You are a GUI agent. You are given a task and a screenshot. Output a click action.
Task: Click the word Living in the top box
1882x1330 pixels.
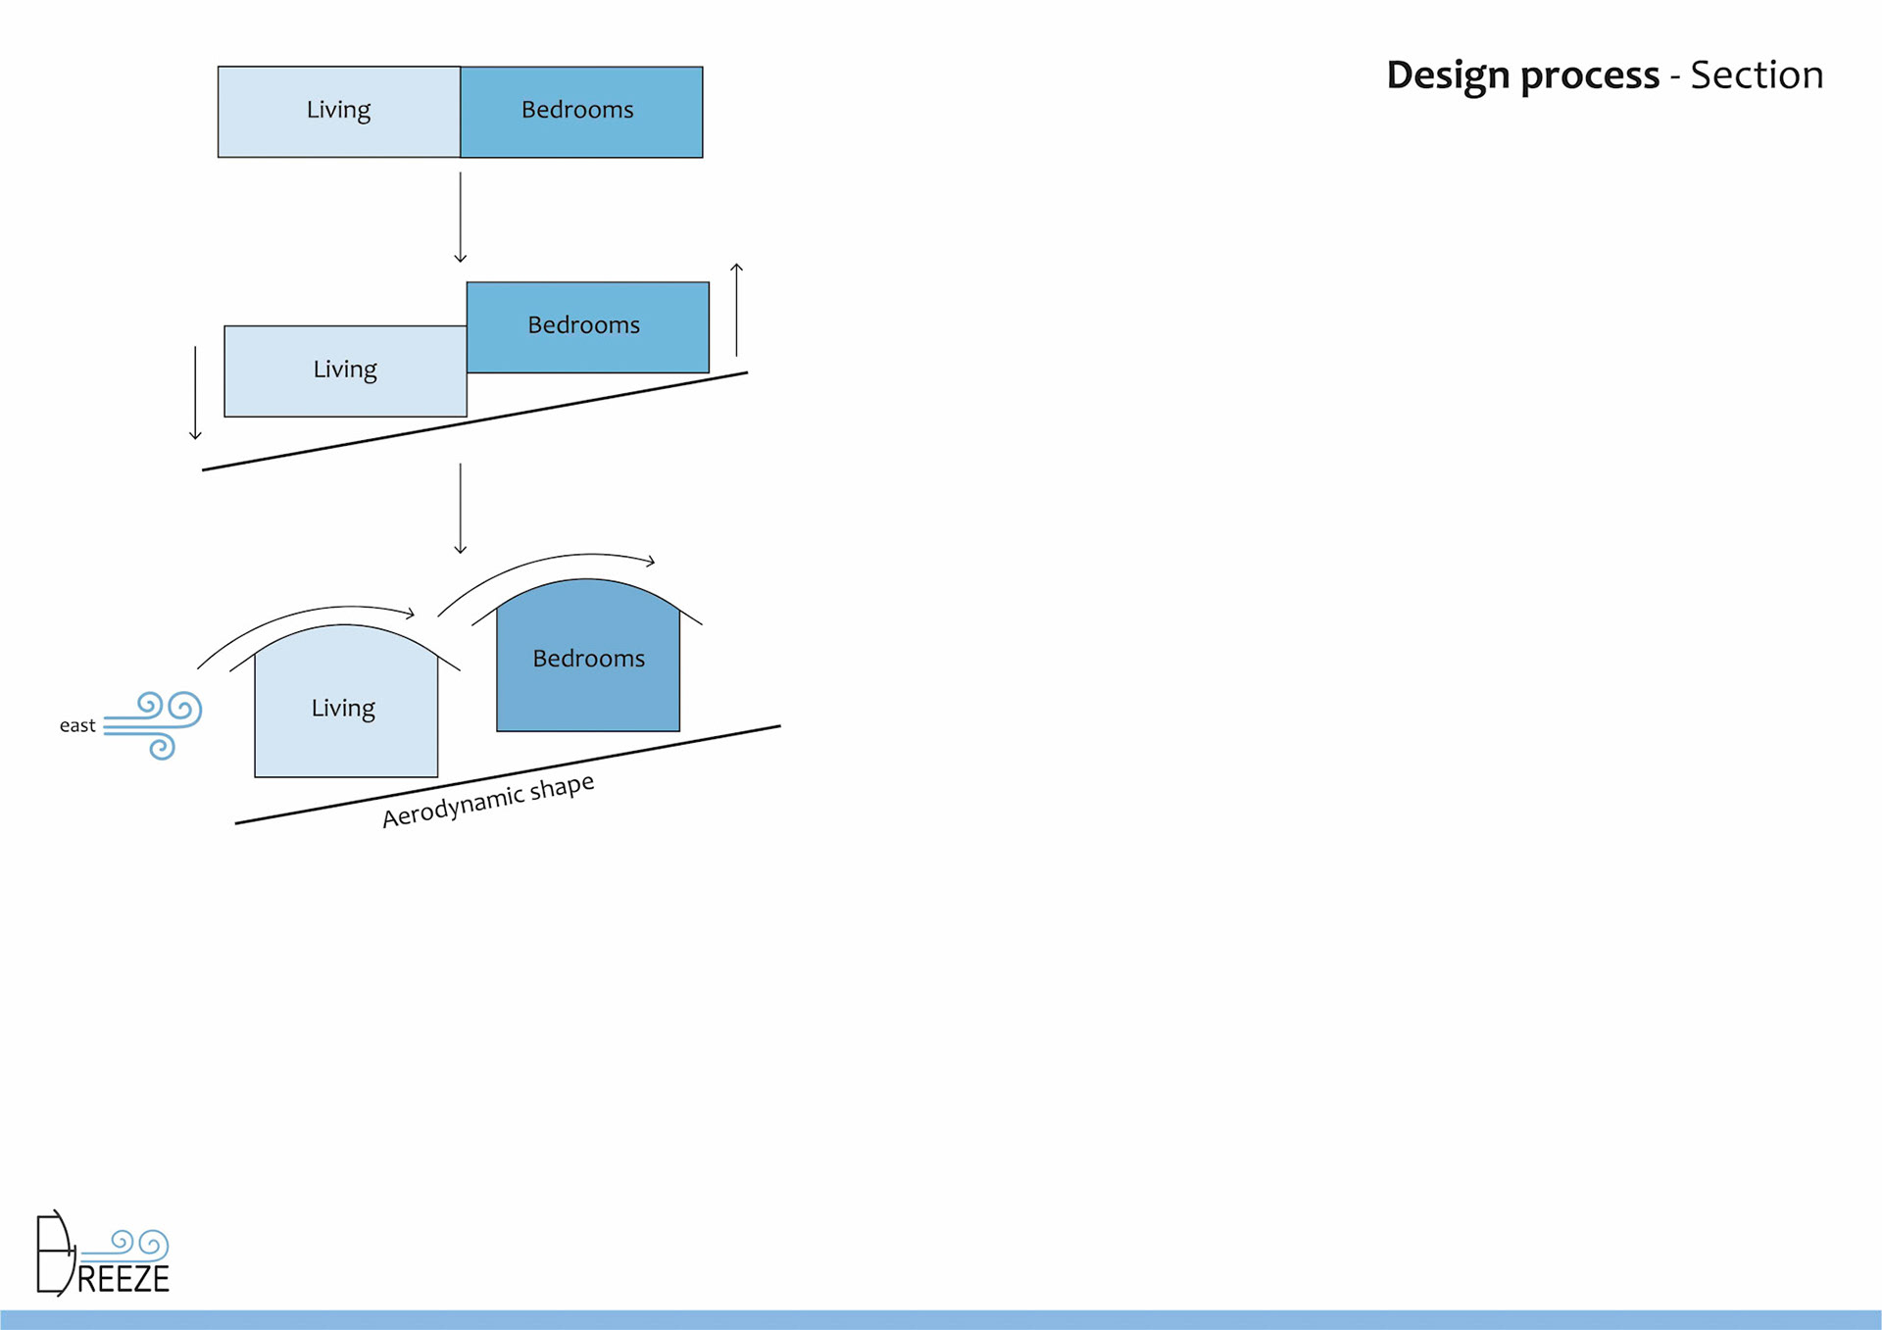coord(338,110)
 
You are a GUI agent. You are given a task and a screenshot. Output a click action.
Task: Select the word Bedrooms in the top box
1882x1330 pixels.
coord(577,110)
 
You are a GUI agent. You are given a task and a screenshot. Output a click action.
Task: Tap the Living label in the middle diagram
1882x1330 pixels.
coord(345,369)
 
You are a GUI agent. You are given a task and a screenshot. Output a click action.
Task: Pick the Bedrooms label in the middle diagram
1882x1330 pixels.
coord(583,325)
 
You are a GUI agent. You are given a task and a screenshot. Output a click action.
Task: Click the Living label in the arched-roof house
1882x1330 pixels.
coord(343,709)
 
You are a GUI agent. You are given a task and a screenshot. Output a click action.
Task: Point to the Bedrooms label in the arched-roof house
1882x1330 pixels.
coord(588,659)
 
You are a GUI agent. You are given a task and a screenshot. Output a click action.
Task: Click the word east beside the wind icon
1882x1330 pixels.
coord(77,726)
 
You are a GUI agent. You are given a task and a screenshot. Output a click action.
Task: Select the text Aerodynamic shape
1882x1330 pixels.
coord(488,801)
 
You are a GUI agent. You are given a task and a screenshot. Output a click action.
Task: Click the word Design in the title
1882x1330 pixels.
coord(1447,75)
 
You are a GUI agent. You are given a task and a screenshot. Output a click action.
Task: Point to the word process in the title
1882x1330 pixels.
coord(1590,75)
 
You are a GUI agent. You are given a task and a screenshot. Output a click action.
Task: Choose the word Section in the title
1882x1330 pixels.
coord(1757,75)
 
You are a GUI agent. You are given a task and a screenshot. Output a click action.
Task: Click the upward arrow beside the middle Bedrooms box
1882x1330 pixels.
coord(736,310)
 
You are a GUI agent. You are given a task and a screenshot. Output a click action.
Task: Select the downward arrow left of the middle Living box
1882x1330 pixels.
coord(195,392)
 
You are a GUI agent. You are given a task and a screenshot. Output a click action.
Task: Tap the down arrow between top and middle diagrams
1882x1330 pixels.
coord(460,218)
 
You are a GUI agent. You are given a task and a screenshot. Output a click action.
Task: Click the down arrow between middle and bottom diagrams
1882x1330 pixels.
coord(460,509)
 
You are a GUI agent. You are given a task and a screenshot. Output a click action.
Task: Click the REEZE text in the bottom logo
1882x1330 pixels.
coord(124,1279)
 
